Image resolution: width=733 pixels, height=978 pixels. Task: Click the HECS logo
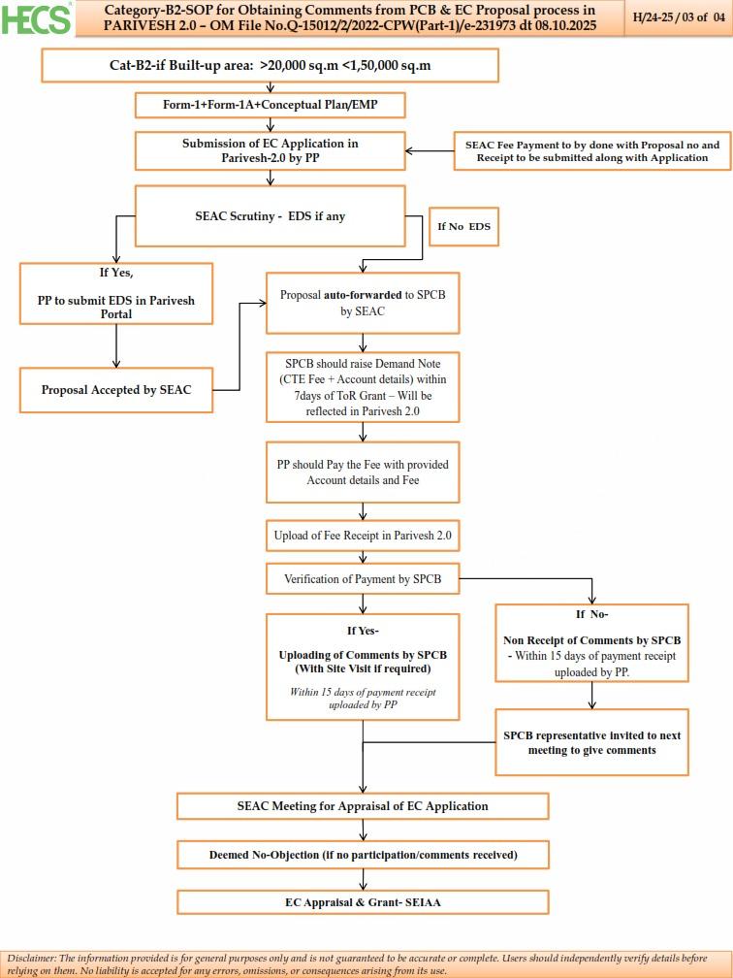37,18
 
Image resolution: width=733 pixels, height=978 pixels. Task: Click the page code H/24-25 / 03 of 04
678,17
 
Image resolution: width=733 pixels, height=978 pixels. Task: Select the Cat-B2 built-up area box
270,65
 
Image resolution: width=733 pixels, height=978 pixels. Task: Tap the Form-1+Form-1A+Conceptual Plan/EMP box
270,105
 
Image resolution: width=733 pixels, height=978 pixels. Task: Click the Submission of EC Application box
270,150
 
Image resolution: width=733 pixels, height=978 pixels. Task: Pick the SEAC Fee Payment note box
592,151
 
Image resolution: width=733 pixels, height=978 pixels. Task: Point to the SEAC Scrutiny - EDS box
270,216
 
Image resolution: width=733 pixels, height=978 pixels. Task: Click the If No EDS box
463,226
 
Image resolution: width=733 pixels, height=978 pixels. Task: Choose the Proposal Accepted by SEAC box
116,390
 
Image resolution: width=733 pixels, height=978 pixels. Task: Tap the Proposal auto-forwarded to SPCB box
363,303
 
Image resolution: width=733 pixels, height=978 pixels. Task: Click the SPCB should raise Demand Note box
363,386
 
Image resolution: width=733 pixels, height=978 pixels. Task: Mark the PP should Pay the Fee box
363,473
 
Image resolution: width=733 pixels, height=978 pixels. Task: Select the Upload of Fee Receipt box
363,535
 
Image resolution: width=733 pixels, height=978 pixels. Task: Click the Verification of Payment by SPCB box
363,579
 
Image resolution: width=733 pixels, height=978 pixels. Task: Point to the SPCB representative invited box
591,742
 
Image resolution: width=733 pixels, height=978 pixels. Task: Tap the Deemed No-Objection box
363,855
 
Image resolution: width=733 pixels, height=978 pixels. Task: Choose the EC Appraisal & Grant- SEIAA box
363,901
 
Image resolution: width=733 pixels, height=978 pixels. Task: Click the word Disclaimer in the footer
31,958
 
